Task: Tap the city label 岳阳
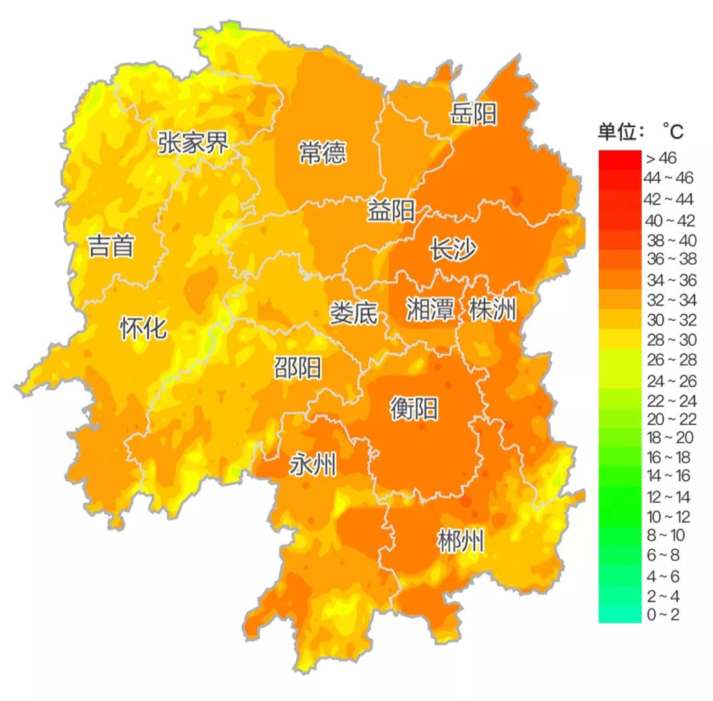pos(473,114)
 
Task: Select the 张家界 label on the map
pos(193,142)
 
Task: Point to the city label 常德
pos(322,153)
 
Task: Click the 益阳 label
pos(391,212)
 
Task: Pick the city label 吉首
pos(112,246)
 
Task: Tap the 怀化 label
pos(143,328)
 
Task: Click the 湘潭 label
pos(430,309)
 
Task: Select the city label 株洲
pos(492,309)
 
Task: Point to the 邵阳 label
pos(298,368)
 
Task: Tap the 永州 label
pos(313,466)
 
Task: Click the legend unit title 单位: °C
pos(640,132)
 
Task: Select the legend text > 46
pos(661,158)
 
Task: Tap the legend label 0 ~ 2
pos(662,615)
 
